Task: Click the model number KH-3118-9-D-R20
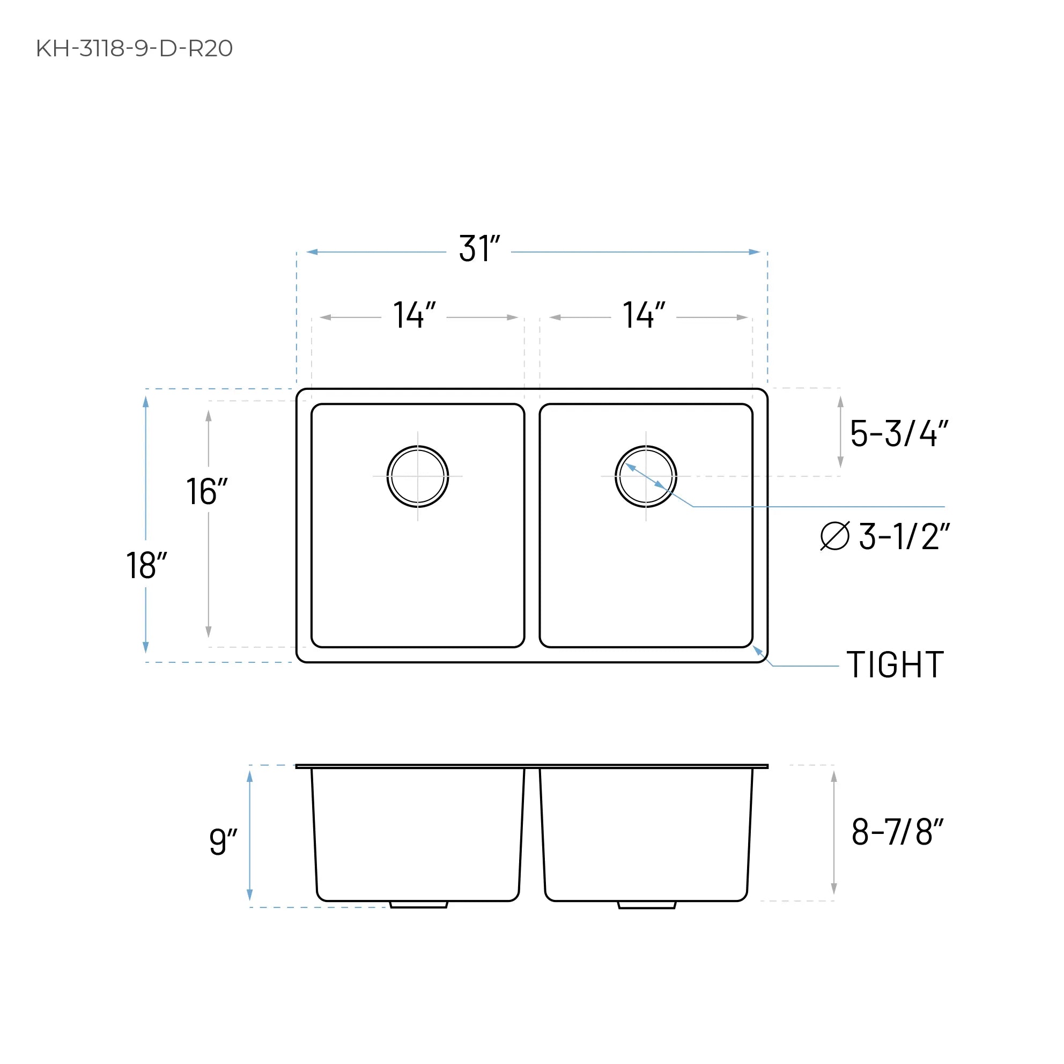[x=135, y=48]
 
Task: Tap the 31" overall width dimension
[x=479, y=249]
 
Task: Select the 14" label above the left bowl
[x=414, y=315]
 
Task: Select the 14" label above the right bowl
[x=644, y=315]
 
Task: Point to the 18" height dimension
[x=146, y=565]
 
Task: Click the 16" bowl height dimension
[x=206, y=491]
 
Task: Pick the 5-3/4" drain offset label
[x=899, y=433]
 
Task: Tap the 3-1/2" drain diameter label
[x=904, y=536]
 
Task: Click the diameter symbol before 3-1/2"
[x=835, y=536]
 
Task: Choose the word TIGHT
[x=896, y=666]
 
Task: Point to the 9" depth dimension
[x=223, y=841]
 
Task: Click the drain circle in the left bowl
[x=417, y=476]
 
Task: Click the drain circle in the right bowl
[x=646, y=476]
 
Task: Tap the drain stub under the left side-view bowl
[x=418, y=905]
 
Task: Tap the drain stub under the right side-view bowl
[x=647, y=905]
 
